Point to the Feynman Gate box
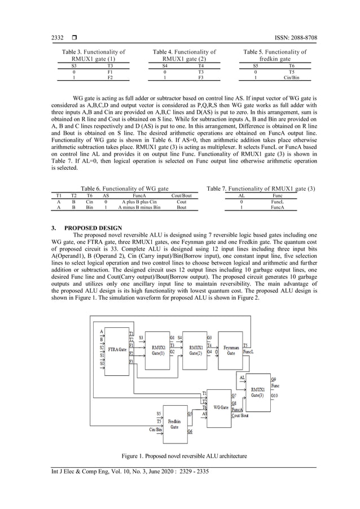coord(231,349)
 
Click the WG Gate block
coord(221,407)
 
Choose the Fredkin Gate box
coord(175,424)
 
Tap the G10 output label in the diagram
coord(274,396)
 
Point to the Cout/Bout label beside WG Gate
coord(241,415)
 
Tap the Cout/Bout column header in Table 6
coord(182,195)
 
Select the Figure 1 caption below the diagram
coord(179,455)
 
